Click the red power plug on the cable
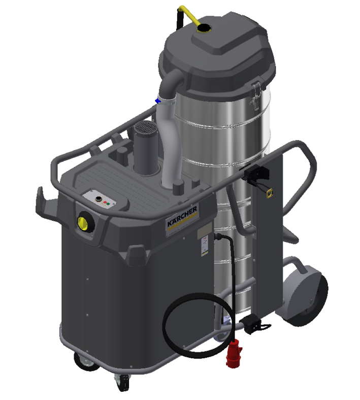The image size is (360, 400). [x=233, y=354]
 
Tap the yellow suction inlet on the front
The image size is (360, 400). [x=83, y=223]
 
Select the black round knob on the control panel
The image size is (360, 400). [x=98, y=199]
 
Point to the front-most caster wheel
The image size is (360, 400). [x=122, y=382]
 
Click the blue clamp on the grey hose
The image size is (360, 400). [x=158, y=101]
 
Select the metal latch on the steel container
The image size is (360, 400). [x=255, y=95]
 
